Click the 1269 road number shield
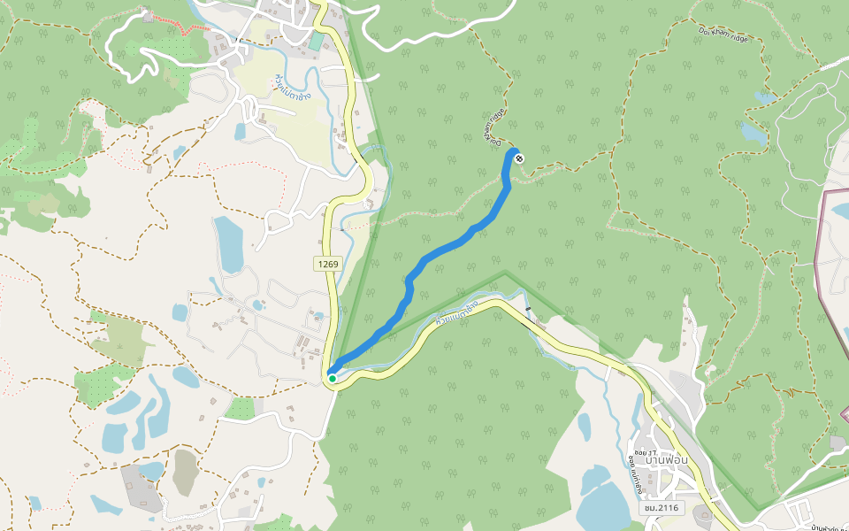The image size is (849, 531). (x=327, y=264)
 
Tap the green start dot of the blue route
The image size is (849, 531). (x=332, y=378)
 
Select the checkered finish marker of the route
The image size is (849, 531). (x=518, y=158)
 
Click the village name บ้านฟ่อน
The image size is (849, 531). (x=668, y=458)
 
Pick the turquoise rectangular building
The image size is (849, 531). (x=317, y=42)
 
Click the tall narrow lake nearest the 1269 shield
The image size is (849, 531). (x=228, y=243)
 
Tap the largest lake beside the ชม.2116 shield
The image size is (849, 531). (x=601, y=500)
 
